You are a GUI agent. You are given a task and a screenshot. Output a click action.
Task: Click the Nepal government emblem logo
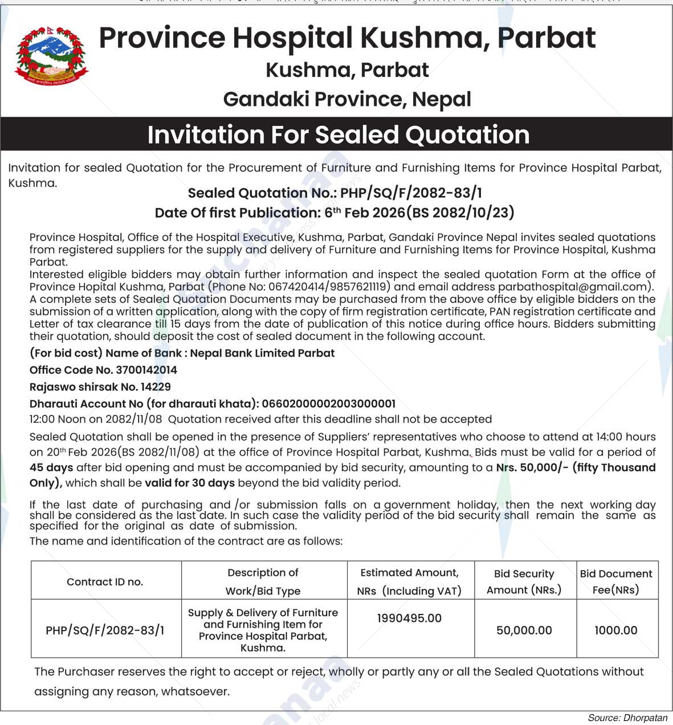click(x=51, y=56)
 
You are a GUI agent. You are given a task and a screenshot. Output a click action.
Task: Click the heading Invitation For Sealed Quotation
click(x=338, y=135)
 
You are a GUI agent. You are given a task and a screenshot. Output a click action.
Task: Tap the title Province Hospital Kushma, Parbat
click(x=347, y=38)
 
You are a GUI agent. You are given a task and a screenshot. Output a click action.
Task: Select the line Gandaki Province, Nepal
click(x=347, y=99)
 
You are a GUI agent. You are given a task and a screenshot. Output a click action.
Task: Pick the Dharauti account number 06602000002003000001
click(x=328, y=404)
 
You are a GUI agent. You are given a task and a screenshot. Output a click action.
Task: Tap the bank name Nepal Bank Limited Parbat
click(x=262, y=353)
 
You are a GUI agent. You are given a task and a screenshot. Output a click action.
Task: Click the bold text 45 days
click(x=51, y=468)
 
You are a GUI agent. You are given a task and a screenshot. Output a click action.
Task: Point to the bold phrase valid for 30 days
click(x=190, y=483)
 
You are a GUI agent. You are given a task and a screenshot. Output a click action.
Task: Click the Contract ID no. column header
click(x=105, y=581)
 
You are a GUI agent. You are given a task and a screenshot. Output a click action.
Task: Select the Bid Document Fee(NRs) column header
click(x=615, y=581)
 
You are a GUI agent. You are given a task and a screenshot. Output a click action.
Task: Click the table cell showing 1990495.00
click(x=409, y=618)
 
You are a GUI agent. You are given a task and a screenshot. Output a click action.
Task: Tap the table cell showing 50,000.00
click(x=524, y=630)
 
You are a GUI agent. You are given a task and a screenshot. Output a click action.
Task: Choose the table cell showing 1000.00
click(x=615, y=630)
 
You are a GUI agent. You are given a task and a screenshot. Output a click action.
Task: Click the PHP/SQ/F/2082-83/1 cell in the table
click(x=105, y=630)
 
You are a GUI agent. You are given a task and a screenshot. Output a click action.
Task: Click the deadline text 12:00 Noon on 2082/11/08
click(x=96, y=420)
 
